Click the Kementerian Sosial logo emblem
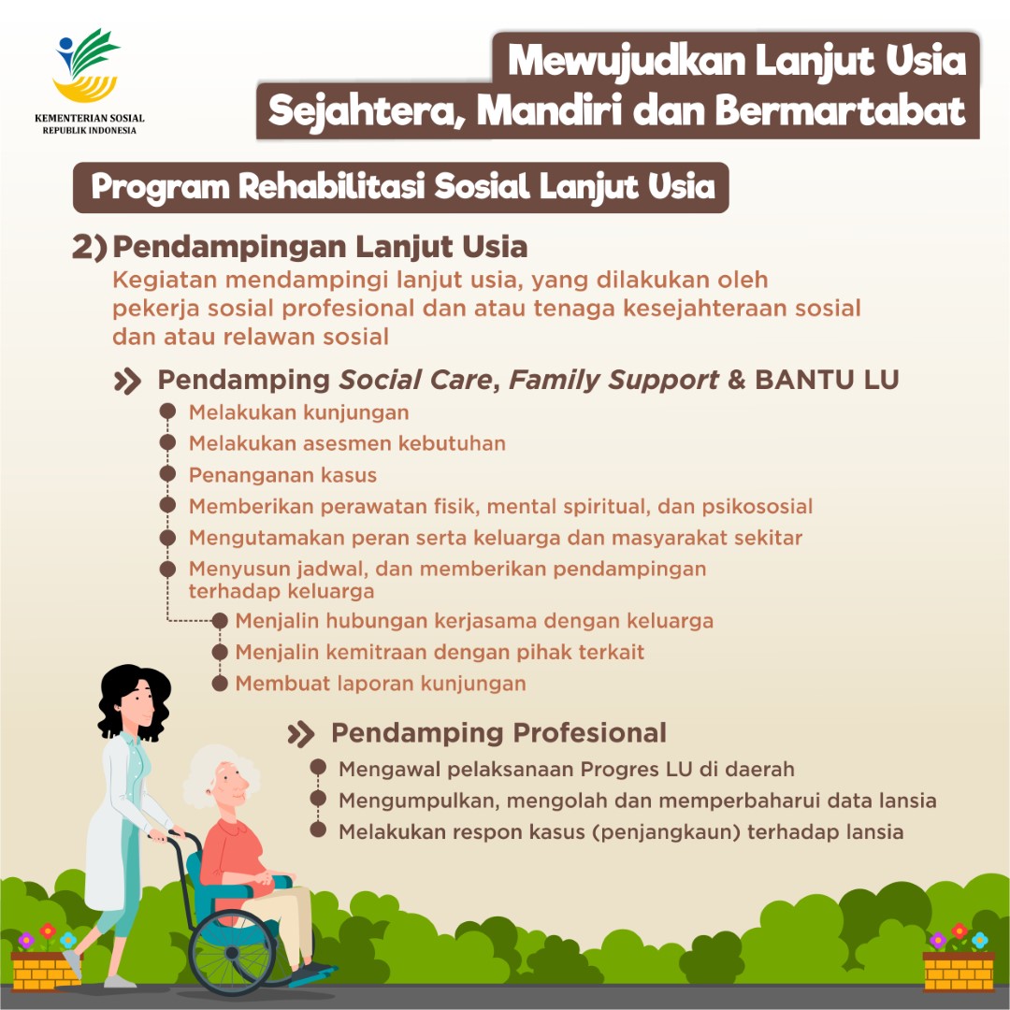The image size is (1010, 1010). tap(88, 65)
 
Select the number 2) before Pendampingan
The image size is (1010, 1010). tap(90, 247)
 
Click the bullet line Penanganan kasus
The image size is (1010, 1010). tap(282, 475)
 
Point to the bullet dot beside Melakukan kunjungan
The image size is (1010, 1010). tap(167, 411)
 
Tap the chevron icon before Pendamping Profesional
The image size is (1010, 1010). tap(301, 733)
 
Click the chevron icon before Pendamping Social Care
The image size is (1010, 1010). tap(127, 381)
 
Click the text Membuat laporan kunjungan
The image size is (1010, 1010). tap(381, 684)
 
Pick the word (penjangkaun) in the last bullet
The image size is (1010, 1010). tap(666, 831)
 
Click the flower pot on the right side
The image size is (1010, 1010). tap(959, 969)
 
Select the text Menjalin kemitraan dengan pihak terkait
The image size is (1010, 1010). tap(440, 652)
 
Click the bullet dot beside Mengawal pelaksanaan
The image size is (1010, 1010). tap(318, 769)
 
